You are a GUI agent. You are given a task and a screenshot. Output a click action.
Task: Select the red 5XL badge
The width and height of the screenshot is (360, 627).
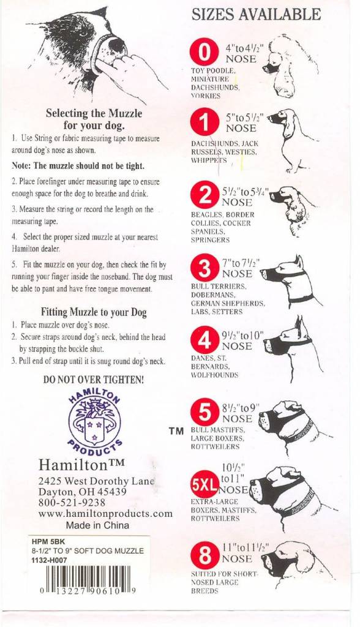tap(205, 486)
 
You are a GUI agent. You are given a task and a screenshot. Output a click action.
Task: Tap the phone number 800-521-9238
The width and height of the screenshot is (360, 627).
tap(73, 503)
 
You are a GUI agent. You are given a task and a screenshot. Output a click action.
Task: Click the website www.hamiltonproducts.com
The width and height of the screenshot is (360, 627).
tap(105, 514)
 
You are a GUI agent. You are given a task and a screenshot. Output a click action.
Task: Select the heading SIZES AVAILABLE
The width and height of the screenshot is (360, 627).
tap(256, 15)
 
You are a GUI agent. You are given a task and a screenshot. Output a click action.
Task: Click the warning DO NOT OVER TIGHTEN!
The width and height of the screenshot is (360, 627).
tap(94, 380)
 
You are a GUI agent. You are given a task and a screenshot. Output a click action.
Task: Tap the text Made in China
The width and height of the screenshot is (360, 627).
tap(97, 525)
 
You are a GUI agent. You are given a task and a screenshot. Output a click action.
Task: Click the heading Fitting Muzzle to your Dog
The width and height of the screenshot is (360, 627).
tap(94, 312)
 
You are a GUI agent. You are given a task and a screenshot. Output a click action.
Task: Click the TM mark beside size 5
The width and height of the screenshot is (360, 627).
tap(176, 431)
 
